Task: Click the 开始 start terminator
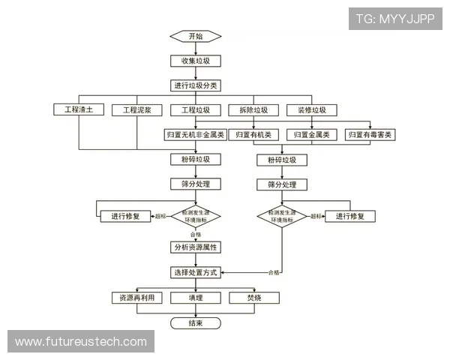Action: point(196,36)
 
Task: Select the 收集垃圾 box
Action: point(196,61)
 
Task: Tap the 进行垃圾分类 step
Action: point(196,85)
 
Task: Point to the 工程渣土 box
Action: point(79,110)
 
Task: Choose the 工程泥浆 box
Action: point(137,110)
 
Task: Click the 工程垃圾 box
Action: point(196,110)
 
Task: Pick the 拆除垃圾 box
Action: point(253,110)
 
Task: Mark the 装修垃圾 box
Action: point(312,110)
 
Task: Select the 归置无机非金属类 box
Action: point(196,135)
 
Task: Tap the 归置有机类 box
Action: point(253,135)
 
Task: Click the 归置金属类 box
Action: point(312,135)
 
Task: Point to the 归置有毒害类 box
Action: point(370,135)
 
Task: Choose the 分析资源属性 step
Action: point(196,247)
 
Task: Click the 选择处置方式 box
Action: point(196,272)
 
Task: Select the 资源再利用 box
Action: point(136,298)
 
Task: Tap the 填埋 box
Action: point(196,298)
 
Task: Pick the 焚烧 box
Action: point(253,298)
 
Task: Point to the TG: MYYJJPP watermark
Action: point(395,19)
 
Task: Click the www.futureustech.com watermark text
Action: point(81,342)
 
